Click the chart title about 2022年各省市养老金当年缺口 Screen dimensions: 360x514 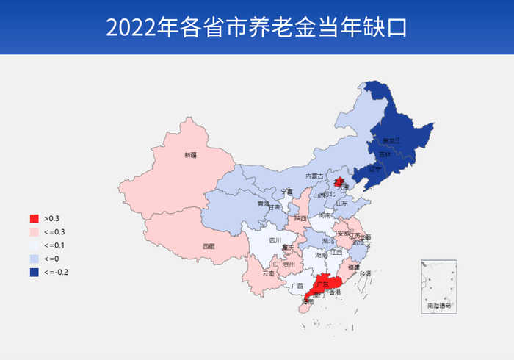[x=256, y=27]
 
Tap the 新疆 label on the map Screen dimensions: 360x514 [x=191, y=155]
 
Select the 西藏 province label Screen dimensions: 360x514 [x=209, y=247]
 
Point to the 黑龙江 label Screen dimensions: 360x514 [x=392, y=140]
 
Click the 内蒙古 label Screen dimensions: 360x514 [x=314, y=176]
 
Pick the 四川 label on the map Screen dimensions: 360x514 [x=275, y=240]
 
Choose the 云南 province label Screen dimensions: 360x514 [x=267, y=273]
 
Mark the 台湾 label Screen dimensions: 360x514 [x=365, y=273]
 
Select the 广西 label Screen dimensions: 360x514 [x=297, y=286]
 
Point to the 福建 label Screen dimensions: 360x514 [x=354, y=268]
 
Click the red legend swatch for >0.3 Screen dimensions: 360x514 [x=34, y=219]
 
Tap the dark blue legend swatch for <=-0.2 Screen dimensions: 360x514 [x=34, y=272]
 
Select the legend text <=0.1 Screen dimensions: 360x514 [x=54, y=245]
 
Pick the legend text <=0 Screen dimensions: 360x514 [x=51, y=259]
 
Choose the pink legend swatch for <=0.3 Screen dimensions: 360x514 [x=34, y=232]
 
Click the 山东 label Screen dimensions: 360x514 [x=341, y=203]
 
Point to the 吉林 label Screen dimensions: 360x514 [x=385, y=155]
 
